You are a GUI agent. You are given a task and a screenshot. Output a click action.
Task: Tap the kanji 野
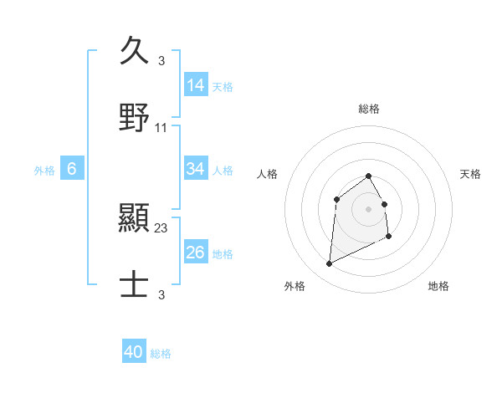[x=134, y=117]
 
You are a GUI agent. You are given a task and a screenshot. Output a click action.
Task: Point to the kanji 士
[x=134, y=284]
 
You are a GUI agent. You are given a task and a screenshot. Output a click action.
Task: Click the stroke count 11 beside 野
[x=161, y=128]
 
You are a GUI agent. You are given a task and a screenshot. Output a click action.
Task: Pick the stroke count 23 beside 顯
[x=161, y=228]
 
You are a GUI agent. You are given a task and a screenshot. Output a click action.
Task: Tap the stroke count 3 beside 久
[x=161, y=61]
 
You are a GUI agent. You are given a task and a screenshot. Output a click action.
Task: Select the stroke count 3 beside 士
[x=161, y=295]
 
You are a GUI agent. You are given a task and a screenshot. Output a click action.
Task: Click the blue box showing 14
[x=196, y=85]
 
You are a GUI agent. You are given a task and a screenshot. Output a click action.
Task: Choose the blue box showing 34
[x=196, y=169]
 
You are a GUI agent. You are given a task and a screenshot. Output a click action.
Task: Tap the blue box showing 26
[x=196, y=253]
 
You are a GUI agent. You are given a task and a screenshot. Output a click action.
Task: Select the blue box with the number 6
[x=72, y=169]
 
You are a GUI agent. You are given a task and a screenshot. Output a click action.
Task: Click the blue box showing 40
[x=134, y=352]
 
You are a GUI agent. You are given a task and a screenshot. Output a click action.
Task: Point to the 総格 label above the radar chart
[x=369, y=109]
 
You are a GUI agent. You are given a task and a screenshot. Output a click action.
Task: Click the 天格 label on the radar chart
[x=471, y=174]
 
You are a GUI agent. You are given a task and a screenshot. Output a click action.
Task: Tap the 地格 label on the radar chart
[x=438, y=286]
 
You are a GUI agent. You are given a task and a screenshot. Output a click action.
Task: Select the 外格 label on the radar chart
[x=295, y=286]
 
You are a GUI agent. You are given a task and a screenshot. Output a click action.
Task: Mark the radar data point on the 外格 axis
[x=329, y=264]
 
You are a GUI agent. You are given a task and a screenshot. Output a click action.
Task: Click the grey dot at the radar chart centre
[x=369, y=208]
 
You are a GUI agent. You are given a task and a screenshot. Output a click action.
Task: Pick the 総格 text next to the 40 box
[x=161, y=354]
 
